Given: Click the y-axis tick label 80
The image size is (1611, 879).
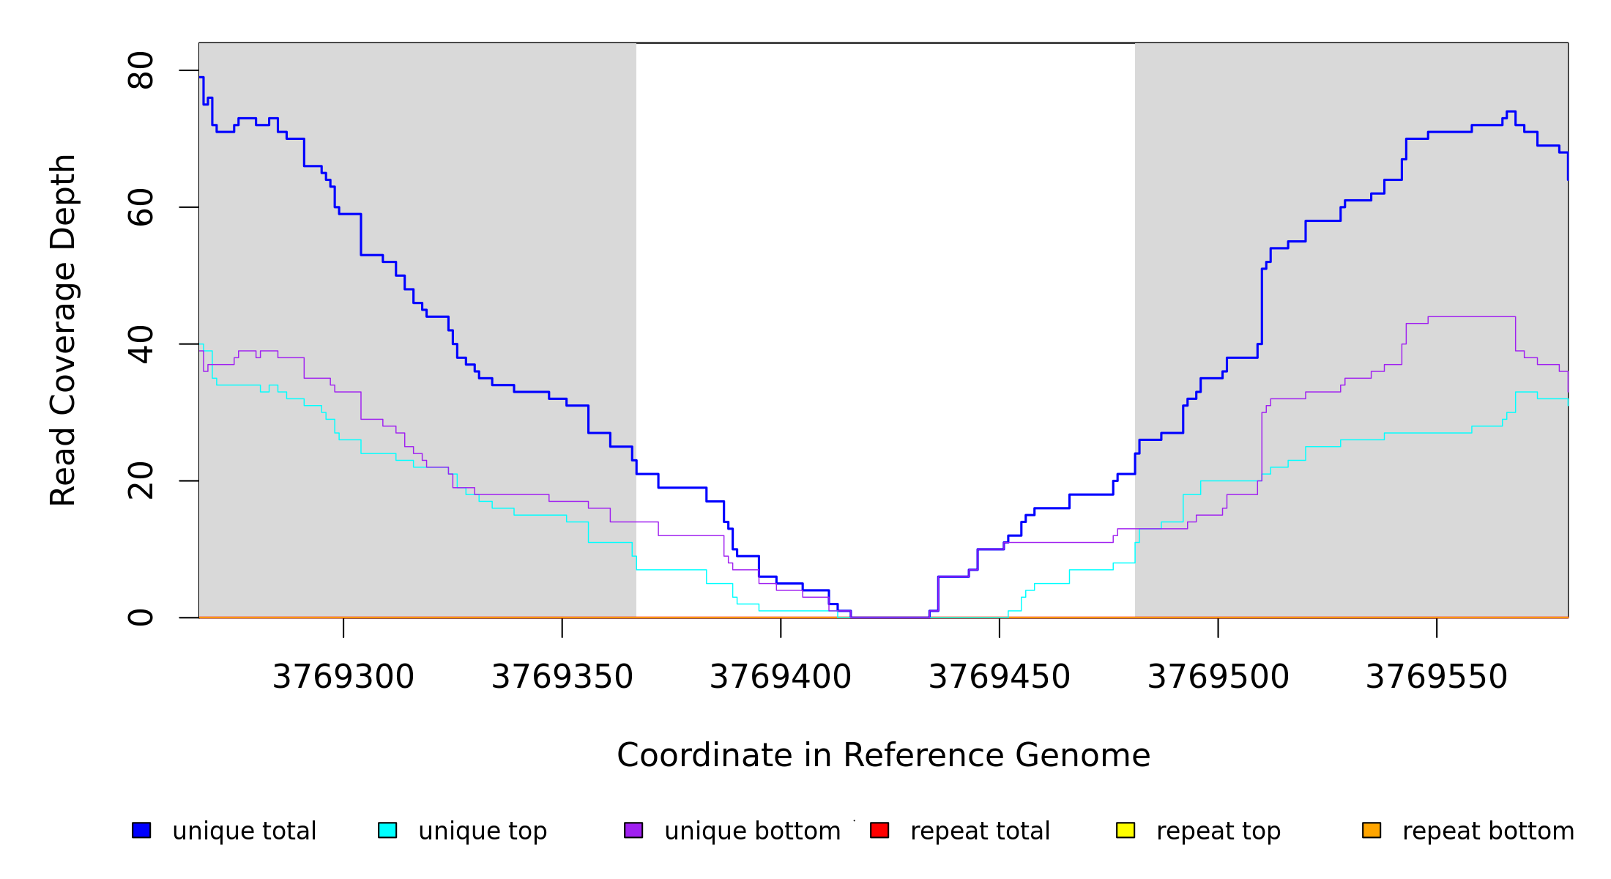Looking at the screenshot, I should (141, 71).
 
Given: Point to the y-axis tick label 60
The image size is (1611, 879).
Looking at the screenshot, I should (141, 207).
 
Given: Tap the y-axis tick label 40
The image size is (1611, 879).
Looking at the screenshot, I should (141, 344).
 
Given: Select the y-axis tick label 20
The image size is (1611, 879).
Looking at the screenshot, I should (141, 481).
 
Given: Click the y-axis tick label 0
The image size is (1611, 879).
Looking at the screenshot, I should (141, 617).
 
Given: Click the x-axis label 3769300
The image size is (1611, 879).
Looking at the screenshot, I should (343, 678).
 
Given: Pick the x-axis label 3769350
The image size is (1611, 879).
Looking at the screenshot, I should (562, 678).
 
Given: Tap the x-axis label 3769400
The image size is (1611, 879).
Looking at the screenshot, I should (781, 678).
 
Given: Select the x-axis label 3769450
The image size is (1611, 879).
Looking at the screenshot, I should (1000, 678).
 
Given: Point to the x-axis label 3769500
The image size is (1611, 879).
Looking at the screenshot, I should (1218, 678).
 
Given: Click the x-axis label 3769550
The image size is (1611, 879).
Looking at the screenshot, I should (1437, 678).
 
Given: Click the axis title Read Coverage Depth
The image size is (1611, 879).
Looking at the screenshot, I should (63, 330).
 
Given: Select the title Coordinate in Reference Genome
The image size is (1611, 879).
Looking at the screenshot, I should (883, 756).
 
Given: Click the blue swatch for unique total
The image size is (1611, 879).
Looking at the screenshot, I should (141, 830).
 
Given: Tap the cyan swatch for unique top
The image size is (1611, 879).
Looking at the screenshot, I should (387, 830).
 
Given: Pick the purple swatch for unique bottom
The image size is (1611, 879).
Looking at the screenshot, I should (633, 830).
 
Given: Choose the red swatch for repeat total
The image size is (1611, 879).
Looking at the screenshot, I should (879, 830).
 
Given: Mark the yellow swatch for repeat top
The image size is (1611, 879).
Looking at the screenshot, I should (1126, 830).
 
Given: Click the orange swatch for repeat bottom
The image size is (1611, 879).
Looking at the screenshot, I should (1372, 830).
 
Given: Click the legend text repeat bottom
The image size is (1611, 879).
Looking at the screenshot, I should (1488, 831).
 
